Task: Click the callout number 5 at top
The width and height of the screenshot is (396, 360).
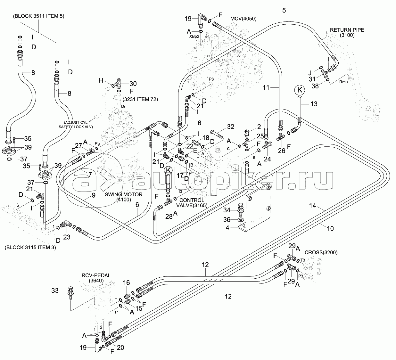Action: [x=284, y=10]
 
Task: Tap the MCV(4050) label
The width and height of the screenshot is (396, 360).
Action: [x=243, y=19]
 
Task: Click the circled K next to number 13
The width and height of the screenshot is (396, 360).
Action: [x=300, y=90]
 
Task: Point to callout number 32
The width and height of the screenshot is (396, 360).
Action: [x=231, y=127]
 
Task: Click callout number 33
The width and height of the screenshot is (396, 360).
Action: [x=55, y=291]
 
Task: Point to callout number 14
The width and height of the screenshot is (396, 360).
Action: [x=313, y=207]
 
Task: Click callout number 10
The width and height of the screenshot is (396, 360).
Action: [x=330, y=228]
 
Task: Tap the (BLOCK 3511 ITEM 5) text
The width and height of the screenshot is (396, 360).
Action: [x=39, y=16]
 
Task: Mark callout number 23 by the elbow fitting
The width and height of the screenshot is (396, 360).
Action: [x=67, y=238]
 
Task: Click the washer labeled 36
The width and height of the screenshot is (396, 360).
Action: [x=240, y=220]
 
